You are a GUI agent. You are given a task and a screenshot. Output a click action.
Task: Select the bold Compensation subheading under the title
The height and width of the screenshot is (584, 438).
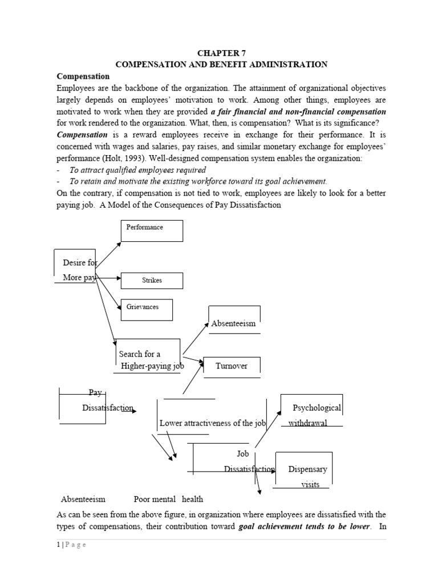[x=83, y=76]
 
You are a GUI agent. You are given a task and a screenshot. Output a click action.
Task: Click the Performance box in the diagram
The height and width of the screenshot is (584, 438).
[x=151, y=231]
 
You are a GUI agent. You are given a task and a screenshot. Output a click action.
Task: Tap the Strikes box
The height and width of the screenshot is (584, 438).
[x=152, y=280]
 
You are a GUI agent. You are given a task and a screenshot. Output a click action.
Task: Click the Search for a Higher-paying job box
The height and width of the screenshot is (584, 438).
[x=148, y=359]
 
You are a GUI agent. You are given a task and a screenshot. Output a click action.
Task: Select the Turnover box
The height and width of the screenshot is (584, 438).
[x=232, y=366]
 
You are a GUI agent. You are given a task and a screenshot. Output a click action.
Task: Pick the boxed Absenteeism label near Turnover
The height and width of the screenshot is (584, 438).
[x=234, y=323]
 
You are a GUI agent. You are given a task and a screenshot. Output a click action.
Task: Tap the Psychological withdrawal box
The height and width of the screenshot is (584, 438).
[x=312, y=414]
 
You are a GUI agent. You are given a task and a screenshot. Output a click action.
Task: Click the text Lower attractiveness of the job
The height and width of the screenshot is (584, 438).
[x=213, y=423]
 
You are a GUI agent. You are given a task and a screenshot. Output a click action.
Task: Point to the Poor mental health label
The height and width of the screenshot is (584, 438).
[x=168, y=499]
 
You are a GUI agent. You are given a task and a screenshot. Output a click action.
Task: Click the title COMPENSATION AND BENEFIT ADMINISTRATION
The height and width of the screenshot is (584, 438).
[x=221, y=64]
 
